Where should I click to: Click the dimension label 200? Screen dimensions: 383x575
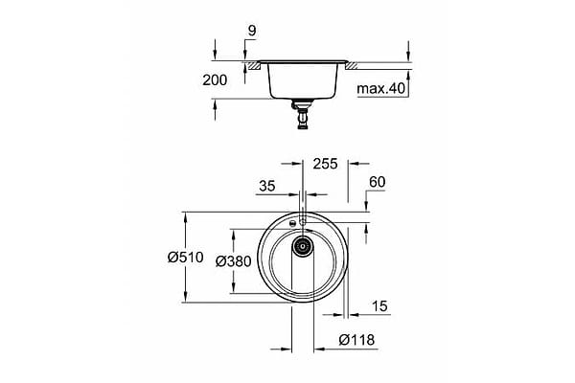[x=217, y=81]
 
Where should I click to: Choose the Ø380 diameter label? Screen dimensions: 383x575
[x=233, y=260]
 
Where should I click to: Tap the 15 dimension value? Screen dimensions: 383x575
[x=381, y=305]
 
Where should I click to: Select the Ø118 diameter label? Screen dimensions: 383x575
[x=357, y=338]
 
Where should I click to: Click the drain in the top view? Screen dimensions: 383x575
[x=302, y=247]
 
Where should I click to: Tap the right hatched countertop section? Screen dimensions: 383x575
[x=352, y=65]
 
